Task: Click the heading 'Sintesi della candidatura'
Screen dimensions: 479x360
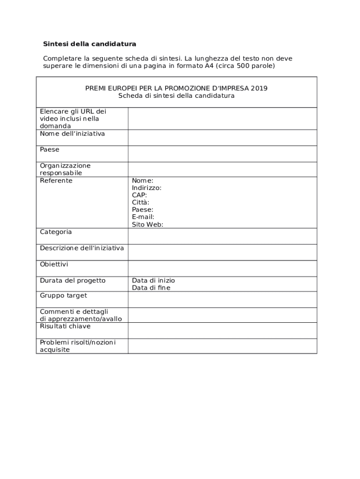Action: [x=90, y=44]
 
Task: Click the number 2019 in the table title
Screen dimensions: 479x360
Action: [x=259, y=88]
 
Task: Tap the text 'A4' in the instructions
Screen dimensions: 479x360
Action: [x=209, y=66]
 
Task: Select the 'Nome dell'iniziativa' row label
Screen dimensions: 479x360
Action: [x=72, y=134]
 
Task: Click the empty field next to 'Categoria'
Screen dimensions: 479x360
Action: [x=222, y=236]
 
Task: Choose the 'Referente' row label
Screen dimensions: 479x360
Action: [x=56, y=181]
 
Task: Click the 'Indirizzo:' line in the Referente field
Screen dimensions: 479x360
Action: [x=146, y=188]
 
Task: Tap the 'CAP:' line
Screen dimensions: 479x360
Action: [x=139, y=195]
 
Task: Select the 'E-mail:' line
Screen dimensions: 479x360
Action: [x=143, y=217]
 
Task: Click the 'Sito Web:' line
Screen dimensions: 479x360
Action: [x=147, y=225]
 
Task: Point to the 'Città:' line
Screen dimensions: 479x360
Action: [x=141, y=203]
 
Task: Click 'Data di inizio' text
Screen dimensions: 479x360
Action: [x=153, y=280]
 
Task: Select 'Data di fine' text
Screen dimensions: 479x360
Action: [x=151, y=288]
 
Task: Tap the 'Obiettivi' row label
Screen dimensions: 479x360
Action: [x=54, y=264]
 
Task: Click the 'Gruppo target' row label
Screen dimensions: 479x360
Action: [x=63, y=296]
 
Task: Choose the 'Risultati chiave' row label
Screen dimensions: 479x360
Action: [x=65, y=326]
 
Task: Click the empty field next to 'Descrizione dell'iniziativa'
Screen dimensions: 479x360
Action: [x=222, y=252]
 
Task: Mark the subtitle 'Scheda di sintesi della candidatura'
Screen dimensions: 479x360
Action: [x=176, y=96]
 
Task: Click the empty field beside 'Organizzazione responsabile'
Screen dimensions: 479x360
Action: [x=222, y=169]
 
